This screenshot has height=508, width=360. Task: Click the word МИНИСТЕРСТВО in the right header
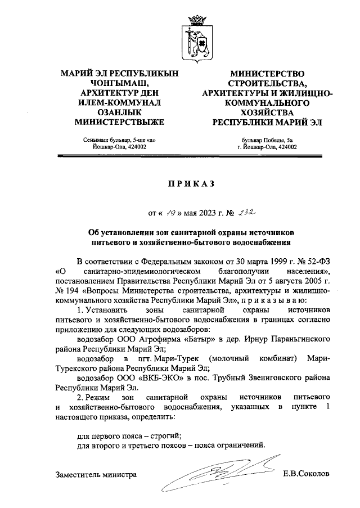coord(268,73)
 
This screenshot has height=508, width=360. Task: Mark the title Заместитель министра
coord(96,475)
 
